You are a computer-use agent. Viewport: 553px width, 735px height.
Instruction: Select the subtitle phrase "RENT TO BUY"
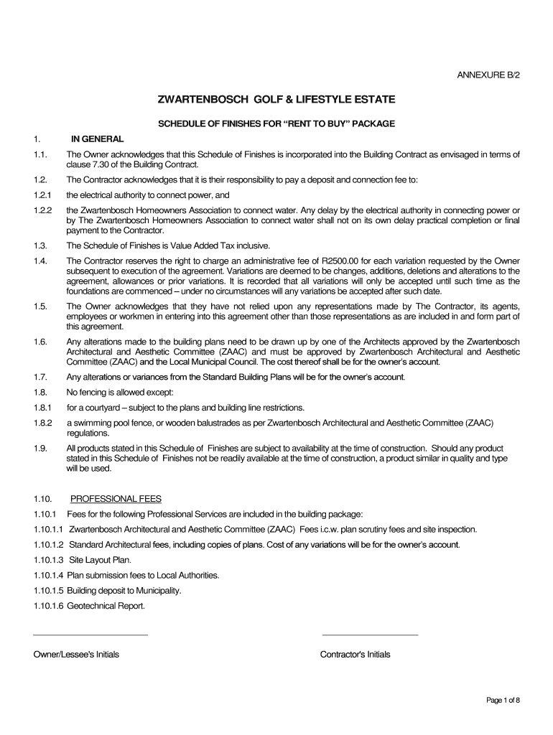[x=318, y=123]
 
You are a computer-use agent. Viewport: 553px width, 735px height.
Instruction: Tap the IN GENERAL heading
[x=97, y=139]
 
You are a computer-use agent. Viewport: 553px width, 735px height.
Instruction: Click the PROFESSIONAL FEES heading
[x=116, y=499]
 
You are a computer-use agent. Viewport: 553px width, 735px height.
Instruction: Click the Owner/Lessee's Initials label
[x=77, y=655]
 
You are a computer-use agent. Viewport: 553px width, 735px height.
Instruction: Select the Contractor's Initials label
[x=355, y=655]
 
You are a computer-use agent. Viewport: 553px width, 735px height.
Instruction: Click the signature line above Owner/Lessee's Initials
[x=90, y=635]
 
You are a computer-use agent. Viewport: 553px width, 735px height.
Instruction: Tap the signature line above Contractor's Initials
[x=370, y=635]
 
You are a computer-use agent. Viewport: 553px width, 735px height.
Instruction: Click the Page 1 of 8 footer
[x=503, y=701]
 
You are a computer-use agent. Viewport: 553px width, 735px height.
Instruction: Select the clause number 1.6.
[x=39, y=341]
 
